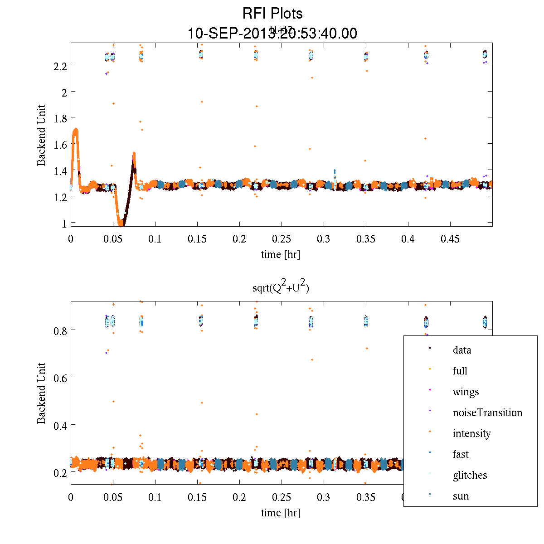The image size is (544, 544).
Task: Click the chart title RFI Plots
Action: (272, 13)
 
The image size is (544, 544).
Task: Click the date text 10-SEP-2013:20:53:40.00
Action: (272, 34)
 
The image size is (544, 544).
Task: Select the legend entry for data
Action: (461, 350)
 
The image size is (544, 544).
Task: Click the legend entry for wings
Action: (466, 392)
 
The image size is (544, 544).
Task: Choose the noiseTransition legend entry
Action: (487, 413)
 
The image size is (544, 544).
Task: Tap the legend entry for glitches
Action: (470, 475)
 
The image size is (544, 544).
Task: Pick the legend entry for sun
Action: (461, 496)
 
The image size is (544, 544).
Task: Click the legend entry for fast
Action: (461, 454)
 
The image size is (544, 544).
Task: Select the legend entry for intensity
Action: (471, 433)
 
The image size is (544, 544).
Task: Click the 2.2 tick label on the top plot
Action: (60, 66)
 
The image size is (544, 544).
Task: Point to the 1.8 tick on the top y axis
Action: (60, 118)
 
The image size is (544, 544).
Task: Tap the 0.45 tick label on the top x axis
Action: (450, 239)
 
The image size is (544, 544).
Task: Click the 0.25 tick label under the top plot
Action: (282, 239)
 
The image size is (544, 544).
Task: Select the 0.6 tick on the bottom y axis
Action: (60, 378)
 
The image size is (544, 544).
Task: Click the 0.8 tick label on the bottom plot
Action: (60, 330)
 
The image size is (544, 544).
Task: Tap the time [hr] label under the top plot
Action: (281, 254)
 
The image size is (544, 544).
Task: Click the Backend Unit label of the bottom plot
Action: (42, 393)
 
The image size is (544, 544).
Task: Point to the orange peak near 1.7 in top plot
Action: (76, 131)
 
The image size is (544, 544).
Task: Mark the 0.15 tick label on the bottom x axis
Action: (197, 497)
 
